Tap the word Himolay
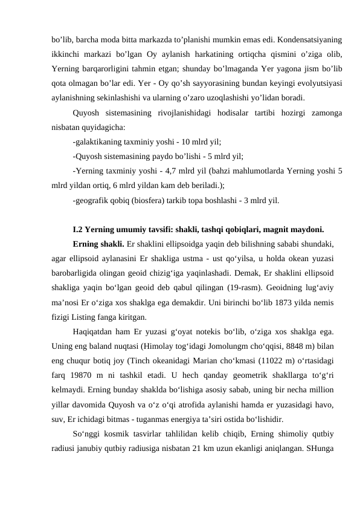[x=150, y=345]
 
